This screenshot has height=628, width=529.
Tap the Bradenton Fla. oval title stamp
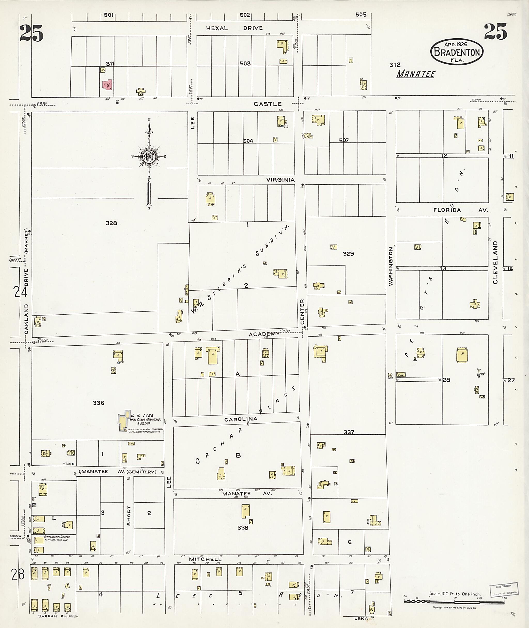point(457,52)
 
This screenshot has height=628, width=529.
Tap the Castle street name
point(268,104)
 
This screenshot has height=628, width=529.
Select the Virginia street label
point(281,180)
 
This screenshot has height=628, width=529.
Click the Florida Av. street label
point(460,210)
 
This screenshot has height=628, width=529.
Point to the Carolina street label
point(241,419)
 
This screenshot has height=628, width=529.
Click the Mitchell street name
point(205,559)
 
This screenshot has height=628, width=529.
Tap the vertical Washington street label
point(391,266)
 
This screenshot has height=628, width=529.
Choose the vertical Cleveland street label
point(495,262)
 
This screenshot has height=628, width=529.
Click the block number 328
point(111,223)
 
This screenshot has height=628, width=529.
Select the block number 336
point(98,403)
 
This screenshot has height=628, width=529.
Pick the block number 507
point(344,140)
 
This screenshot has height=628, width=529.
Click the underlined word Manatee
point(416,74)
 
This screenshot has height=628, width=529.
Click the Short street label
point(129,516)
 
